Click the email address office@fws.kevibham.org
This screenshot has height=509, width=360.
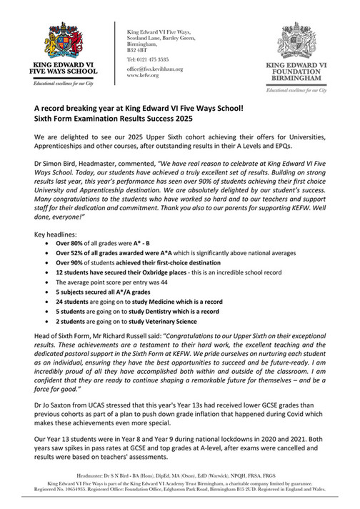155,69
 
